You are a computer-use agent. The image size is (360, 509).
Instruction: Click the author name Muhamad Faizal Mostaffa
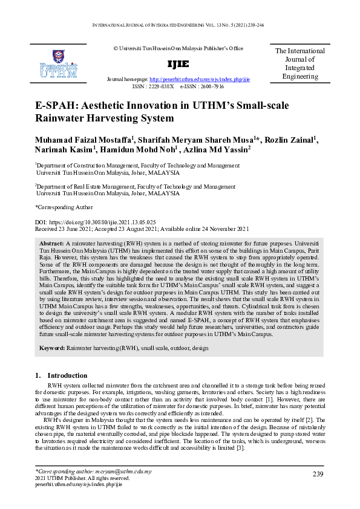point(83,140)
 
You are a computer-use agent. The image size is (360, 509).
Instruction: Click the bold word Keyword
point(53,349)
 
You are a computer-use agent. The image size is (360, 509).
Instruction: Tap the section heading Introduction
point(67,375)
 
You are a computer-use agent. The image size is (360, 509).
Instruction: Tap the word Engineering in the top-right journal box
point(300,77)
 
